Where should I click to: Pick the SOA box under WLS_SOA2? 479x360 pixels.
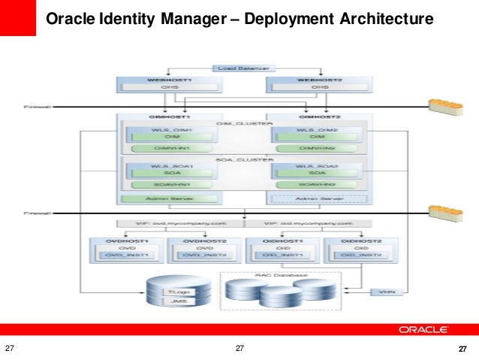(315, 172)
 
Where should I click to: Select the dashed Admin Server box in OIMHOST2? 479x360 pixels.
(318, 198)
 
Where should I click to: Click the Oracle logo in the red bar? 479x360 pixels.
(424, 329)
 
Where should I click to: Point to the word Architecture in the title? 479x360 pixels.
(378, 19)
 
